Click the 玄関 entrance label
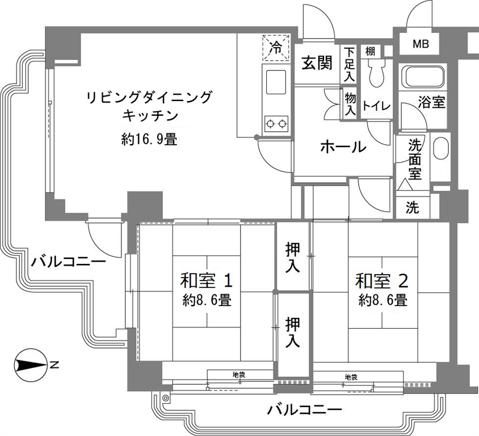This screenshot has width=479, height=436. point(317,64)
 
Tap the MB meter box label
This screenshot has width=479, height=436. point(421,44)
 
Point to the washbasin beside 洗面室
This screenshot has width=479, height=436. point(441,149)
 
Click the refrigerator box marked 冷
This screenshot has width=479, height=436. point(276,48)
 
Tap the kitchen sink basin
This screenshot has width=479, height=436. point(276,82)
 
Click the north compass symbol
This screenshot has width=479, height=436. point(31,365)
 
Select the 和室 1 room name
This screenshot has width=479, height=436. point(206,280)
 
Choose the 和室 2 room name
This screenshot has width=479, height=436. point(381,280)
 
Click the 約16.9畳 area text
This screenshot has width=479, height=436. point(149,140)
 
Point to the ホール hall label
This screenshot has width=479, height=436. point(343,147)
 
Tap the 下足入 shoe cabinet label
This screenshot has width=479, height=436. point(349,64)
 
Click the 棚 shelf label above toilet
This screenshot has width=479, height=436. point(370,51)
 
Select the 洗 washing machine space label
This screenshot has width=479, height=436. point(413,208)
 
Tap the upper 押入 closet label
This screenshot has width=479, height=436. point(293,257)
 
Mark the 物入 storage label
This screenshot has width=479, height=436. point(350,104)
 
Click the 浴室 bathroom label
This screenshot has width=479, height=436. point(431,102)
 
